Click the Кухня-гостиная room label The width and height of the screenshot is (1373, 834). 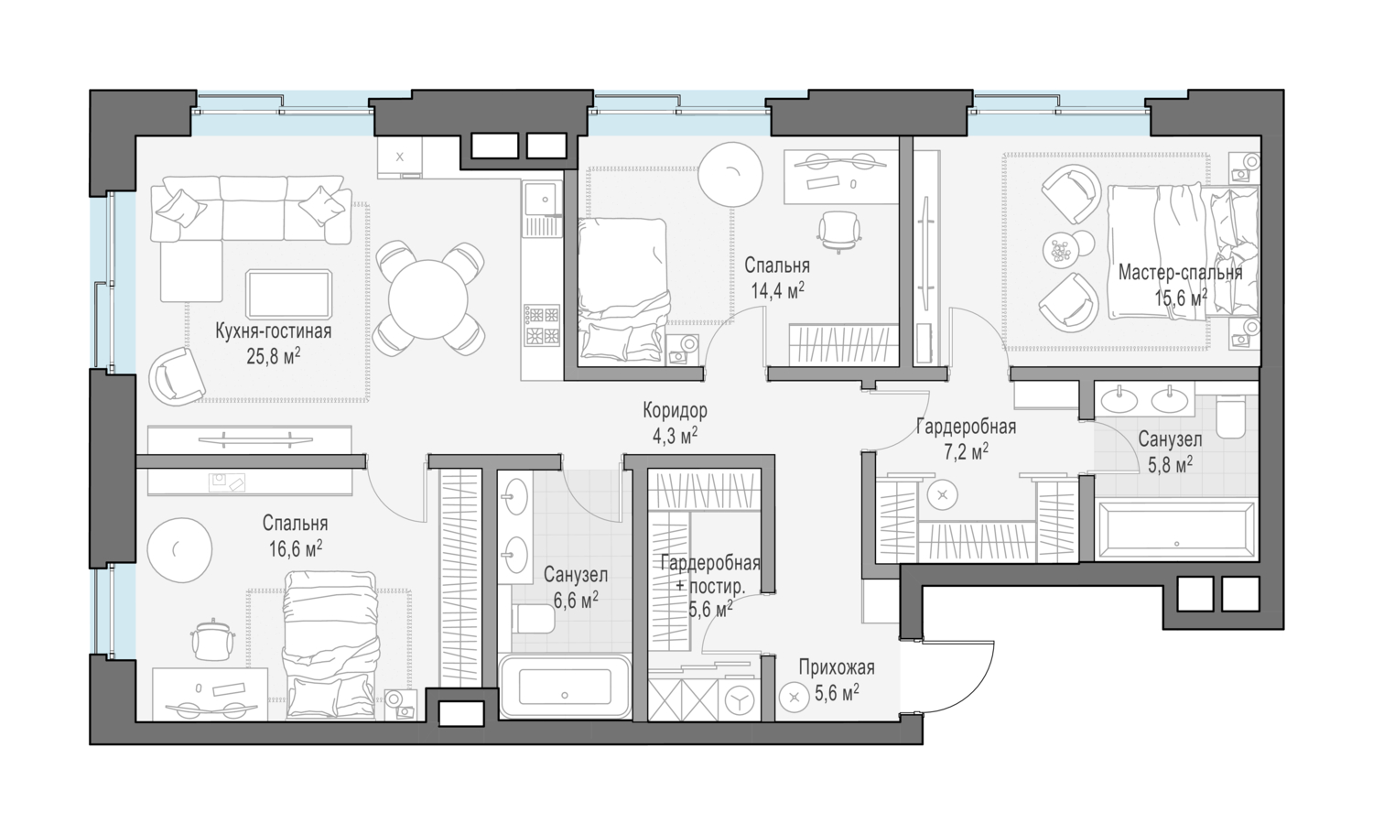(x=274, y=331)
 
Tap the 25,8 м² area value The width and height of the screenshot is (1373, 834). (x=274, y=356)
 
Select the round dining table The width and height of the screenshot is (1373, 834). (x=428, y=300)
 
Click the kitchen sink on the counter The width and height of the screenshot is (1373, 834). (x=542, y=199)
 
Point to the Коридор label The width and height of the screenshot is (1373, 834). (x=675, y=410)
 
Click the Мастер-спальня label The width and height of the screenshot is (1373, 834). (x=1181, y=273)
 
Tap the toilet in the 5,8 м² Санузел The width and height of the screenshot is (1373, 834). (x=1231, y=417)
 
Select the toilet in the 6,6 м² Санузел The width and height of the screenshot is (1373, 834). (x=534, y=620)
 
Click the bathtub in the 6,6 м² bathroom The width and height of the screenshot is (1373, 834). (x=565, y=687)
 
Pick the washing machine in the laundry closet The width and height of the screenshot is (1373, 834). (x=738, y=700)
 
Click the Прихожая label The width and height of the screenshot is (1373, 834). (x=837, y=667)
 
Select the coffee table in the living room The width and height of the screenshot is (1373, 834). (x=288, y=295)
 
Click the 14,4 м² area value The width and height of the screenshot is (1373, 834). (x=778, y=291)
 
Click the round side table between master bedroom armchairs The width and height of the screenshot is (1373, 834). (x=1061, y=250)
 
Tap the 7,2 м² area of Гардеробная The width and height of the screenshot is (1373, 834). (x=966, y=452)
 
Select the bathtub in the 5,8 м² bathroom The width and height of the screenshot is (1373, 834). (x=1176, y=530)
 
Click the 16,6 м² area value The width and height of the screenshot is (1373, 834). (x=296, y=548)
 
